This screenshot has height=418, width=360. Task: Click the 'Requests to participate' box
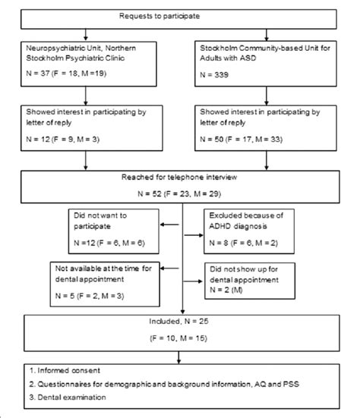[181, 16]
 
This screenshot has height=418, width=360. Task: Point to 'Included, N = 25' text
[181, 321]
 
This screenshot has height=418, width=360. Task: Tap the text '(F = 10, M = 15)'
[181, 336]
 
